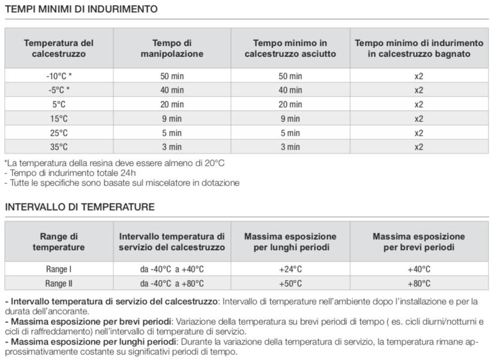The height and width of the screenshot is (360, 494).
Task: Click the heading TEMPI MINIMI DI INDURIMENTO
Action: pos(82,10)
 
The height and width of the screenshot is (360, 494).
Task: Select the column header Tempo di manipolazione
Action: pos(172,49)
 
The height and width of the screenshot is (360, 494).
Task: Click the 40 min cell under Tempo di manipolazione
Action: pos(172,90)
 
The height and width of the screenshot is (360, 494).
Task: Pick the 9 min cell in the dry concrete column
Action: pos(290,118)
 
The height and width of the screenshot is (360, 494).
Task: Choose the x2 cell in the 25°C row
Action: pos(418,132)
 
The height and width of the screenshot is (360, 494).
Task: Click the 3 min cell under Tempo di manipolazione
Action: pos(172,146)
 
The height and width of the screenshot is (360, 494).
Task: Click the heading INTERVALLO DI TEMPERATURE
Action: pos(80,207)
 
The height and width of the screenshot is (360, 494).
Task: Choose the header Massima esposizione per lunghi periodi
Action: pos(290,242)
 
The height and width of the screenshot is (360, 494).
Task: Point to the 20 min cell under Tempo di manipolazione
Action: pos(172,104)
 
